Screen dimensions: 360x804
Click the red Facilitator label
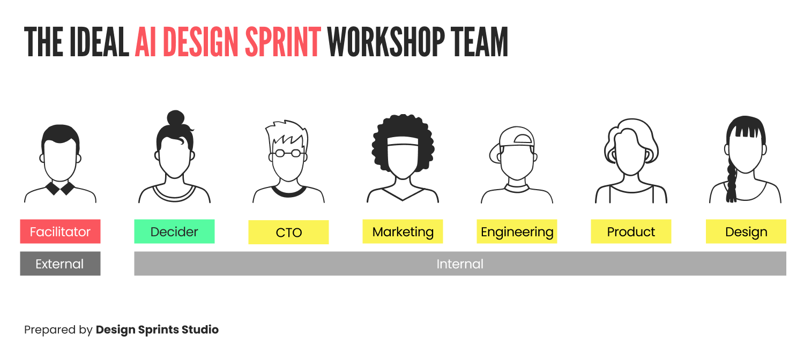[60, 232]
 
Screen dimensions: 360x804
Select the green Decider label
[174, 232]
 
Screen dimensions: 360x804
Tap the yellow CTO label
[288, 232]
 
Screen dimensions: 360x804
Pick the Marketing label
[403, 232]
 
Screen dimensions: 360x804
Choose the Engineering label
[517, 232]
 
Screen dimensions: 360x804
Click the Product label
[631, 232]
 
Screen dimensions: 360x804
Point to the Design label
[746, 232]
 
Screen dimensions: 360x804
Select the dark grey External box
[60, 264]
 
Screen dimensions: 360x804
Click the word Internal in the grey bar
[460, 264]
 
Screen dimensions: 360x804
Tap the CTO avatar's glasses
[288, 153]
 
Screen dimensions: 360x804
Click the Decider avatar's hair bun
[175, 118]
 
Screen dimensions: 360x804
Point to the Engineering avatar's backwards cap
[517, 138]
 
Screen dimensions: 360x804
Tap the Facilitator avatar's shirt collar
[60, 188]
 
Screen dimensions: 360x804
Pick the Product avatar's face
[631, 155]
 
